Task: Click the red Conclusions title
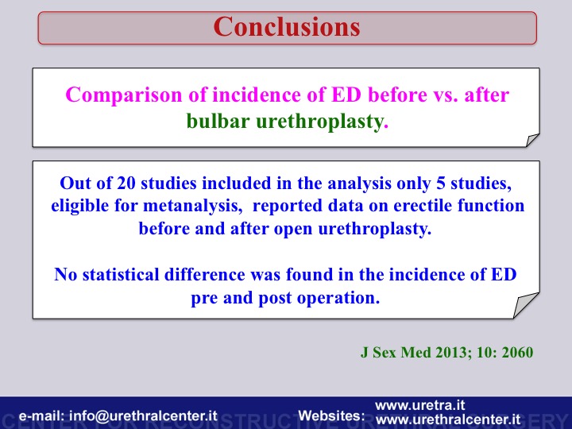point(287,27)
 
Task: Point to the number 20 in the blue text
point(126,184)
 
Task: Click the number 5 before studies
point(441,184)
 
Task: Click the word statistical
point(121,274)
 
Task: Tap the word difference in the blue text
point(205,274)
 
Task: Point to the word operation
point(338,298)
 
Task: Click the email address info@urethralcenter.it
point(143,416)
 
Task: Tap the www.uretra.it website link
point(420,405)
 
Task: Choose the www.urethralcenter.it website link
point(448,419)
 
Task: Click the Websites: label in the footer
point(331,415)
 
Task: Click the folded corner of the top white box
point(531,141)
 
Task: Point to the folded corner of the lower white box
point(524,306)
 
